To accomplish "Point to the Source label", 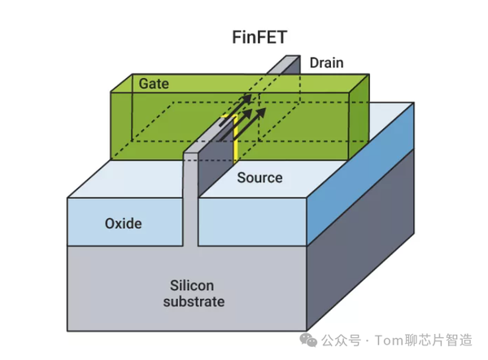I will pyautogui.click(x=259, y=177).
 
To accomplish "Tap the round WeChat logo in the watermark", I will pyautogui.click(x=312, y=337).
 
